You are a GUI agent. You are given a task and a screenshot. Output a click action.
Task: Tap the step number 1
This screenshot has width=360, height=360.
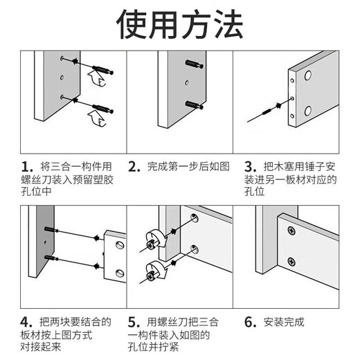pos(27,167)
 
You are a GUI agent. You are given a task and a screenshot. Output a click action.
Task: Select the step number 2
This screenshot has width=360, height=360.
pos(134,167)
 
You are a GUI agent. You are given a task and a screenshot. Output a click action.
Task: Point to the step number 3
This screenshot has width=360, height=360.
pos(249,167)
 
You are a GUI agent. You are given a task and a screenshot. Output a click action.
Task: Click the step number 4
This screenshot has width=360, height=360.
pos(27,322)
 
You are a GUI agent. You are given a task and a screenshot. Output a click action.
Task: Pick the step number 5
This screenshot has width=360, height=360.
pos(134,322)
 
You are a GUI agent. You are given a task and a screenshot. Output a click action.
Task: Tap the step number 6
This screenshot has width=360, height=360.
pos(249,322)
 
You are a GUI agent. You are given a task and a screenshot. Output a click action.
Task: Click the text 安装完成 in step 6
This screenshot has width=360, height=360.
pos(285,322)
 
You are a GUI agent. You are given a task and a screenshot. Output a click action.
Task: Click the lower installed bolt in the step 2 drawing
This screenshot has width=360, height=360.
pos(195,104)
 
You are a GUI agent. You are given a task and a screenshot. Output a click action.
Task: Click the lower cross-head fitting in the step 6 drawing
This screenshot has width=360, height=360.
pos(291,262)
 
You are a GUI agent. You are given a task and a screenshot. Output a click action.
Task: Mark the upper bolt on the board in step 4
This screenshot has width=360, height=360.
pos(52,230)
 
